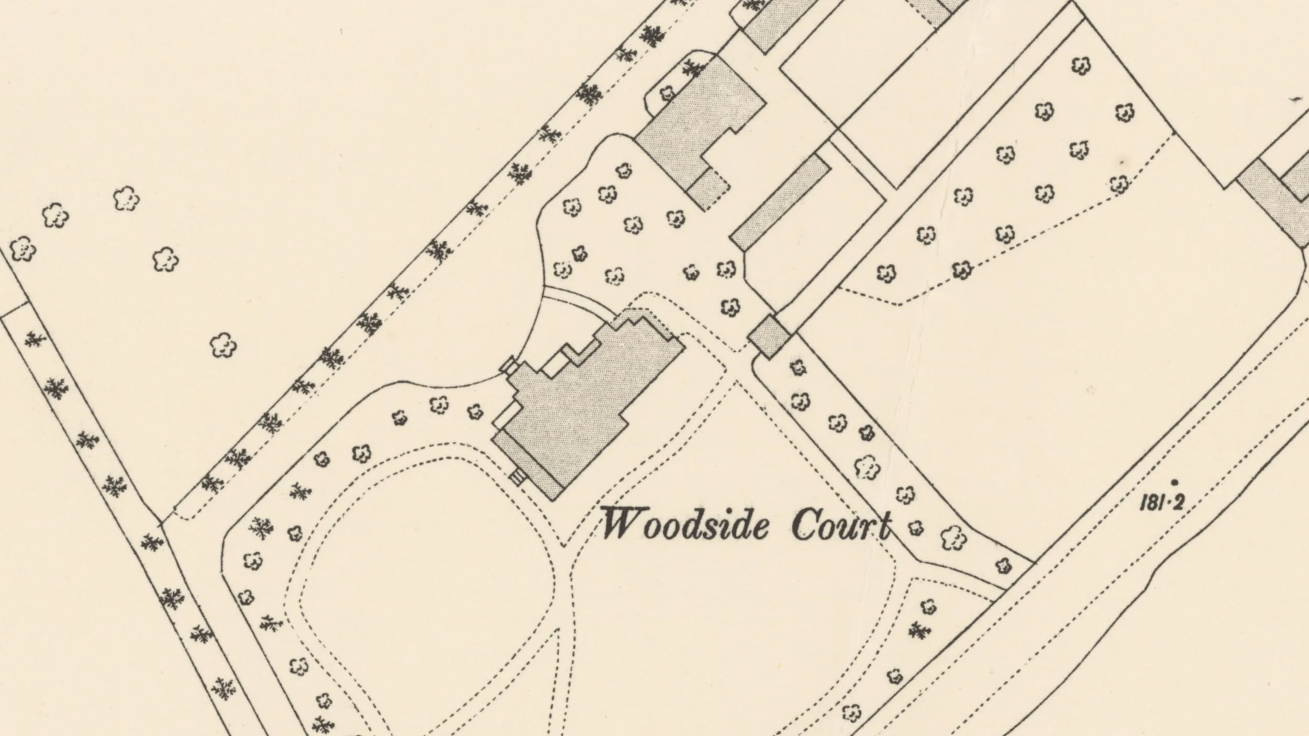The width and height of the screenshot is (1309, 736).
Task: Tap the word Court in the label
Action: pyautogui.click(x=841, y=525)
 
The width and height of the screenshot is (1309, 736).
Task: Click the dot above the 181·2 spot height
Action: pyautogui.click(x=1174, y=482)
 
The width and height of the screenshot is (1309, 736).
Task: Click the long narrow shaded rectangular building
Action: pyautogui.click(x=781, y=202)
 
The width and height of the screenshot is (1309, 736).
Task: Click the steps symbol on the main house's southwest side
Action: pyautogui.click(x=517, y=477)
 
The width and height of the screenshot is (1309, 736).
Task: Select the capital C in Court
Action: pyautogui.click(x=804, y=525)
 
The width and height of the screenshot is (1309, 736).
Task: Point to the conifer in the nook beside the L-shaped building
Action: pyautogui.click(x=694, y=66)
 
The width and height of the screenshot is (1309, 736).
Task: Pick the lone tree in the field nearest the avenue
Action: pyautogui.click(x=223, y=345)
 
